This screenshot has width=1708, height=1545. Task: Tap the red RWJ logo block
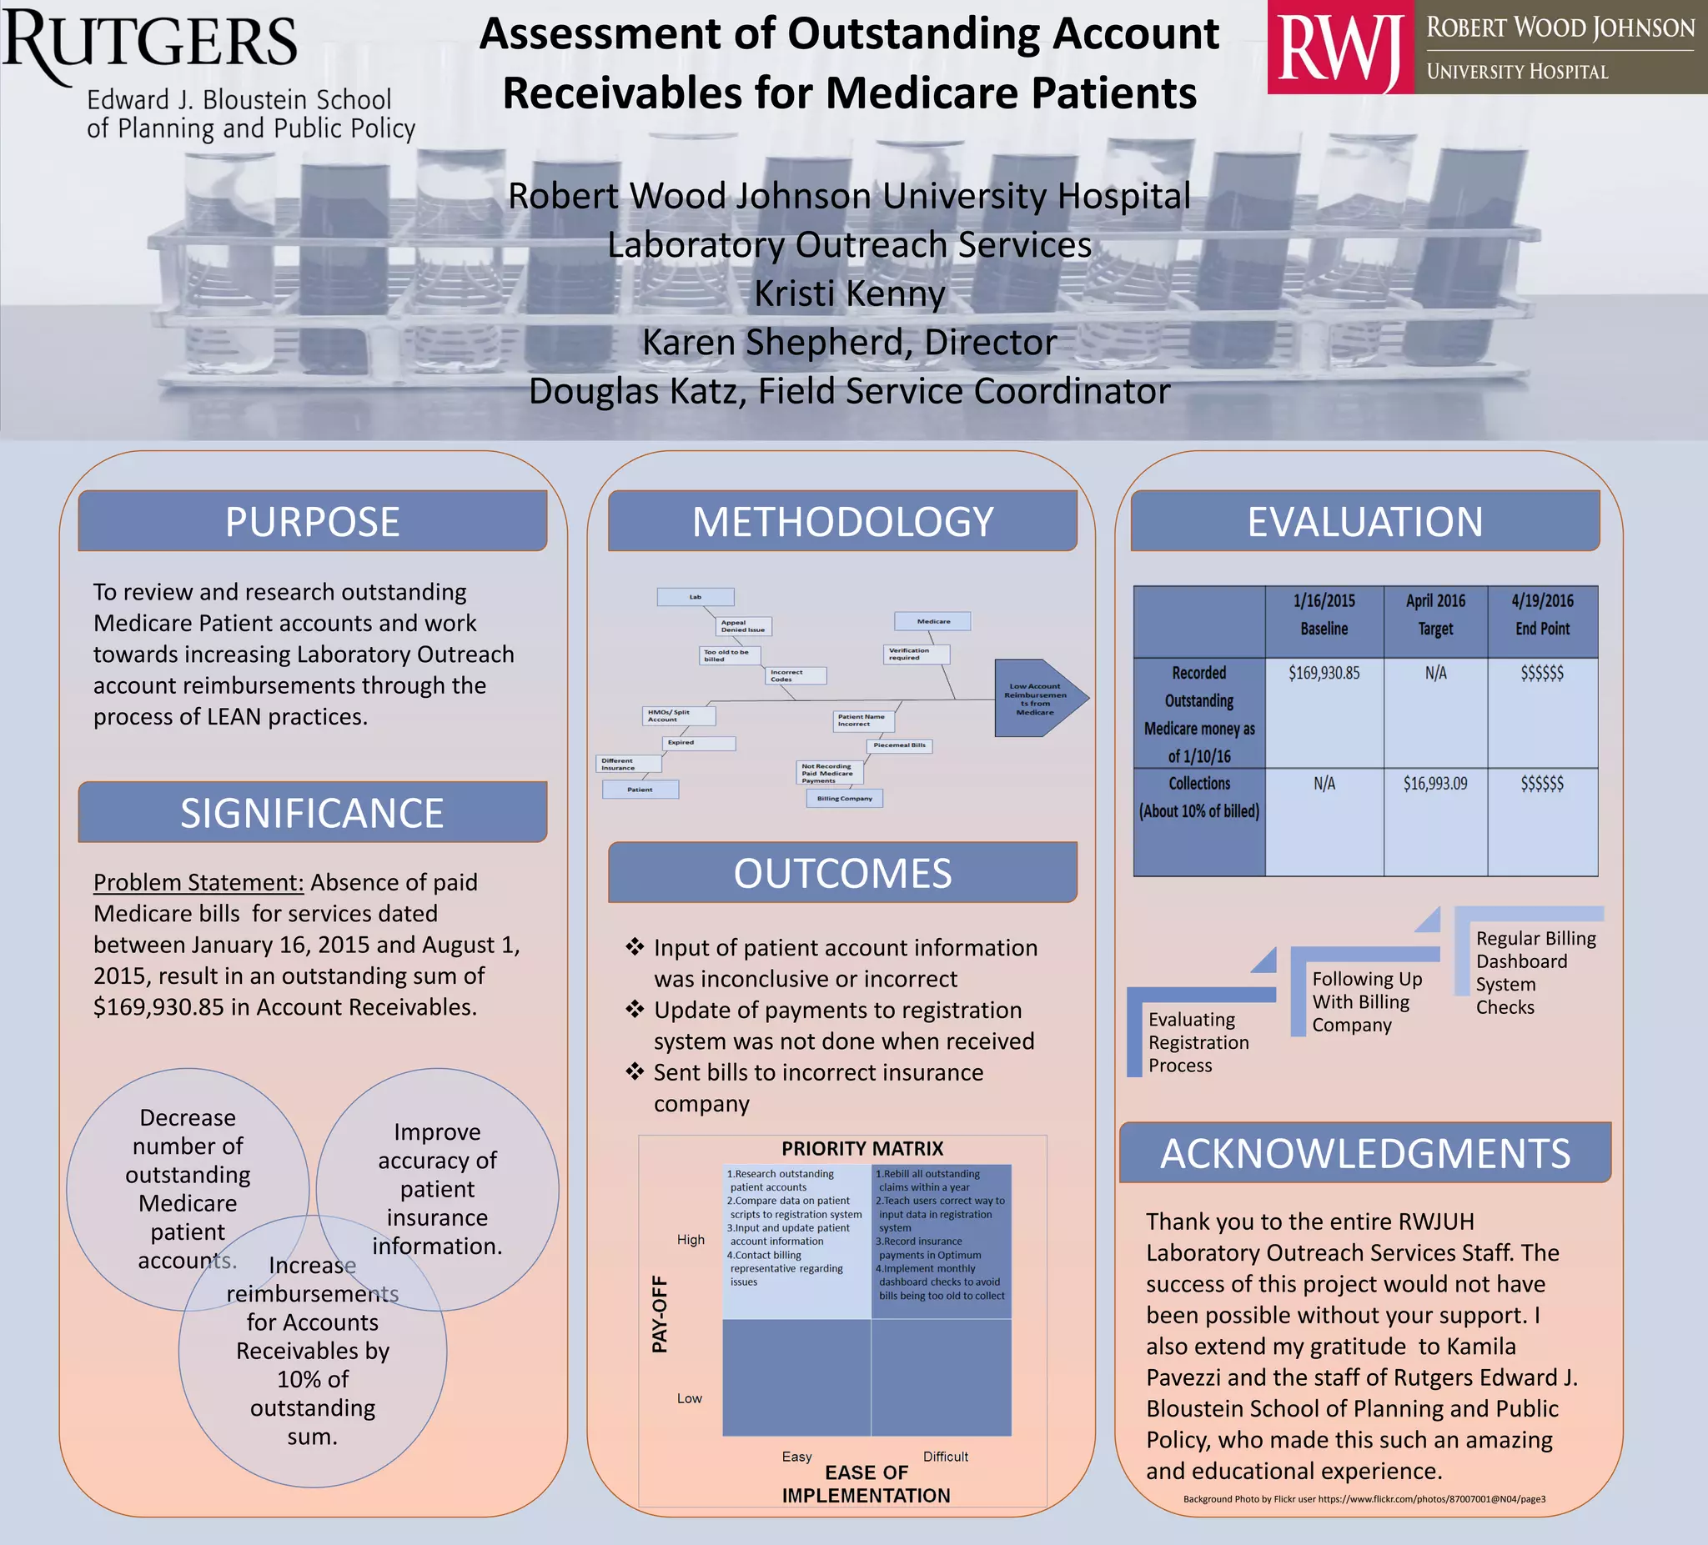[x=1339, y=48]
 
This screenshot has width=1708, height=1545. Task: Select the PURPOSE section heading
[x=312, y=521]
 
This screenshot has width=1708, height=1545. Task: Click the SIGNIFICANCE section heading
[x=312, y=812]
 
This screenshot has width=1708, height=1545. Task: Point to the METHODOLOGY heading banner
[x=842, y=521]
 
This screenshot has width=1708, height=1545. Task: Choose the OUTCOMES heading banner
[x=842, y=872]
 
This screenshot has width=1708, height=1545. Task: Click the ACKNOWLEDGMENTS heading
[x=1365, y=1153]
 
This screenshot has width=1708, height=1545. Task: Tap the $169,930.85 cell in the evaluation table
[x=1324, y=673]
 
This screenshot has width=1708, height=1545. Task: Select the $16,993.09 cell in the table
[x=1434, y=784]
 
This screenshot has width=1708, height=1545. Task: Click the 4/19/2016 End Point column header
[x=1542, y=615]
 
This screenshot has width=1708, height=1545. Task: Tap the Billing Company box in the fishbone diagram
[x=844, y=798]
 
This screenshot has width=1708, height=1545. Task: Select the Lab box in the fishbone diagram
[x=695, y=597]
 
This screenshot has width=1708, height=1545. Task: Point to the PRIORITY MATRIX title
[x=862, y=1149]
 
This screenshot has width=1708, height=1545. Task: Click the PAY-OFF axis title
[x=660, y=1314]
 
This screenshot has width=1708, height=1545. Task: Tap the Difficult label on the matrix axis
[x=945, y=1456]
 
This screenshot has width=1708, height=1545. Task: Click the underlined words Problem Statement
[x=198, y=882]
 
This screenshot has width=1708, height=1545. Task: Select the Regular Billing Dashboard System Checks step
[x=1535, y=972]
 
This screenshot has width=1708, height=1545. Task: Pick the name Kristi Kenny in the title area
[x=849, y=294]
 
